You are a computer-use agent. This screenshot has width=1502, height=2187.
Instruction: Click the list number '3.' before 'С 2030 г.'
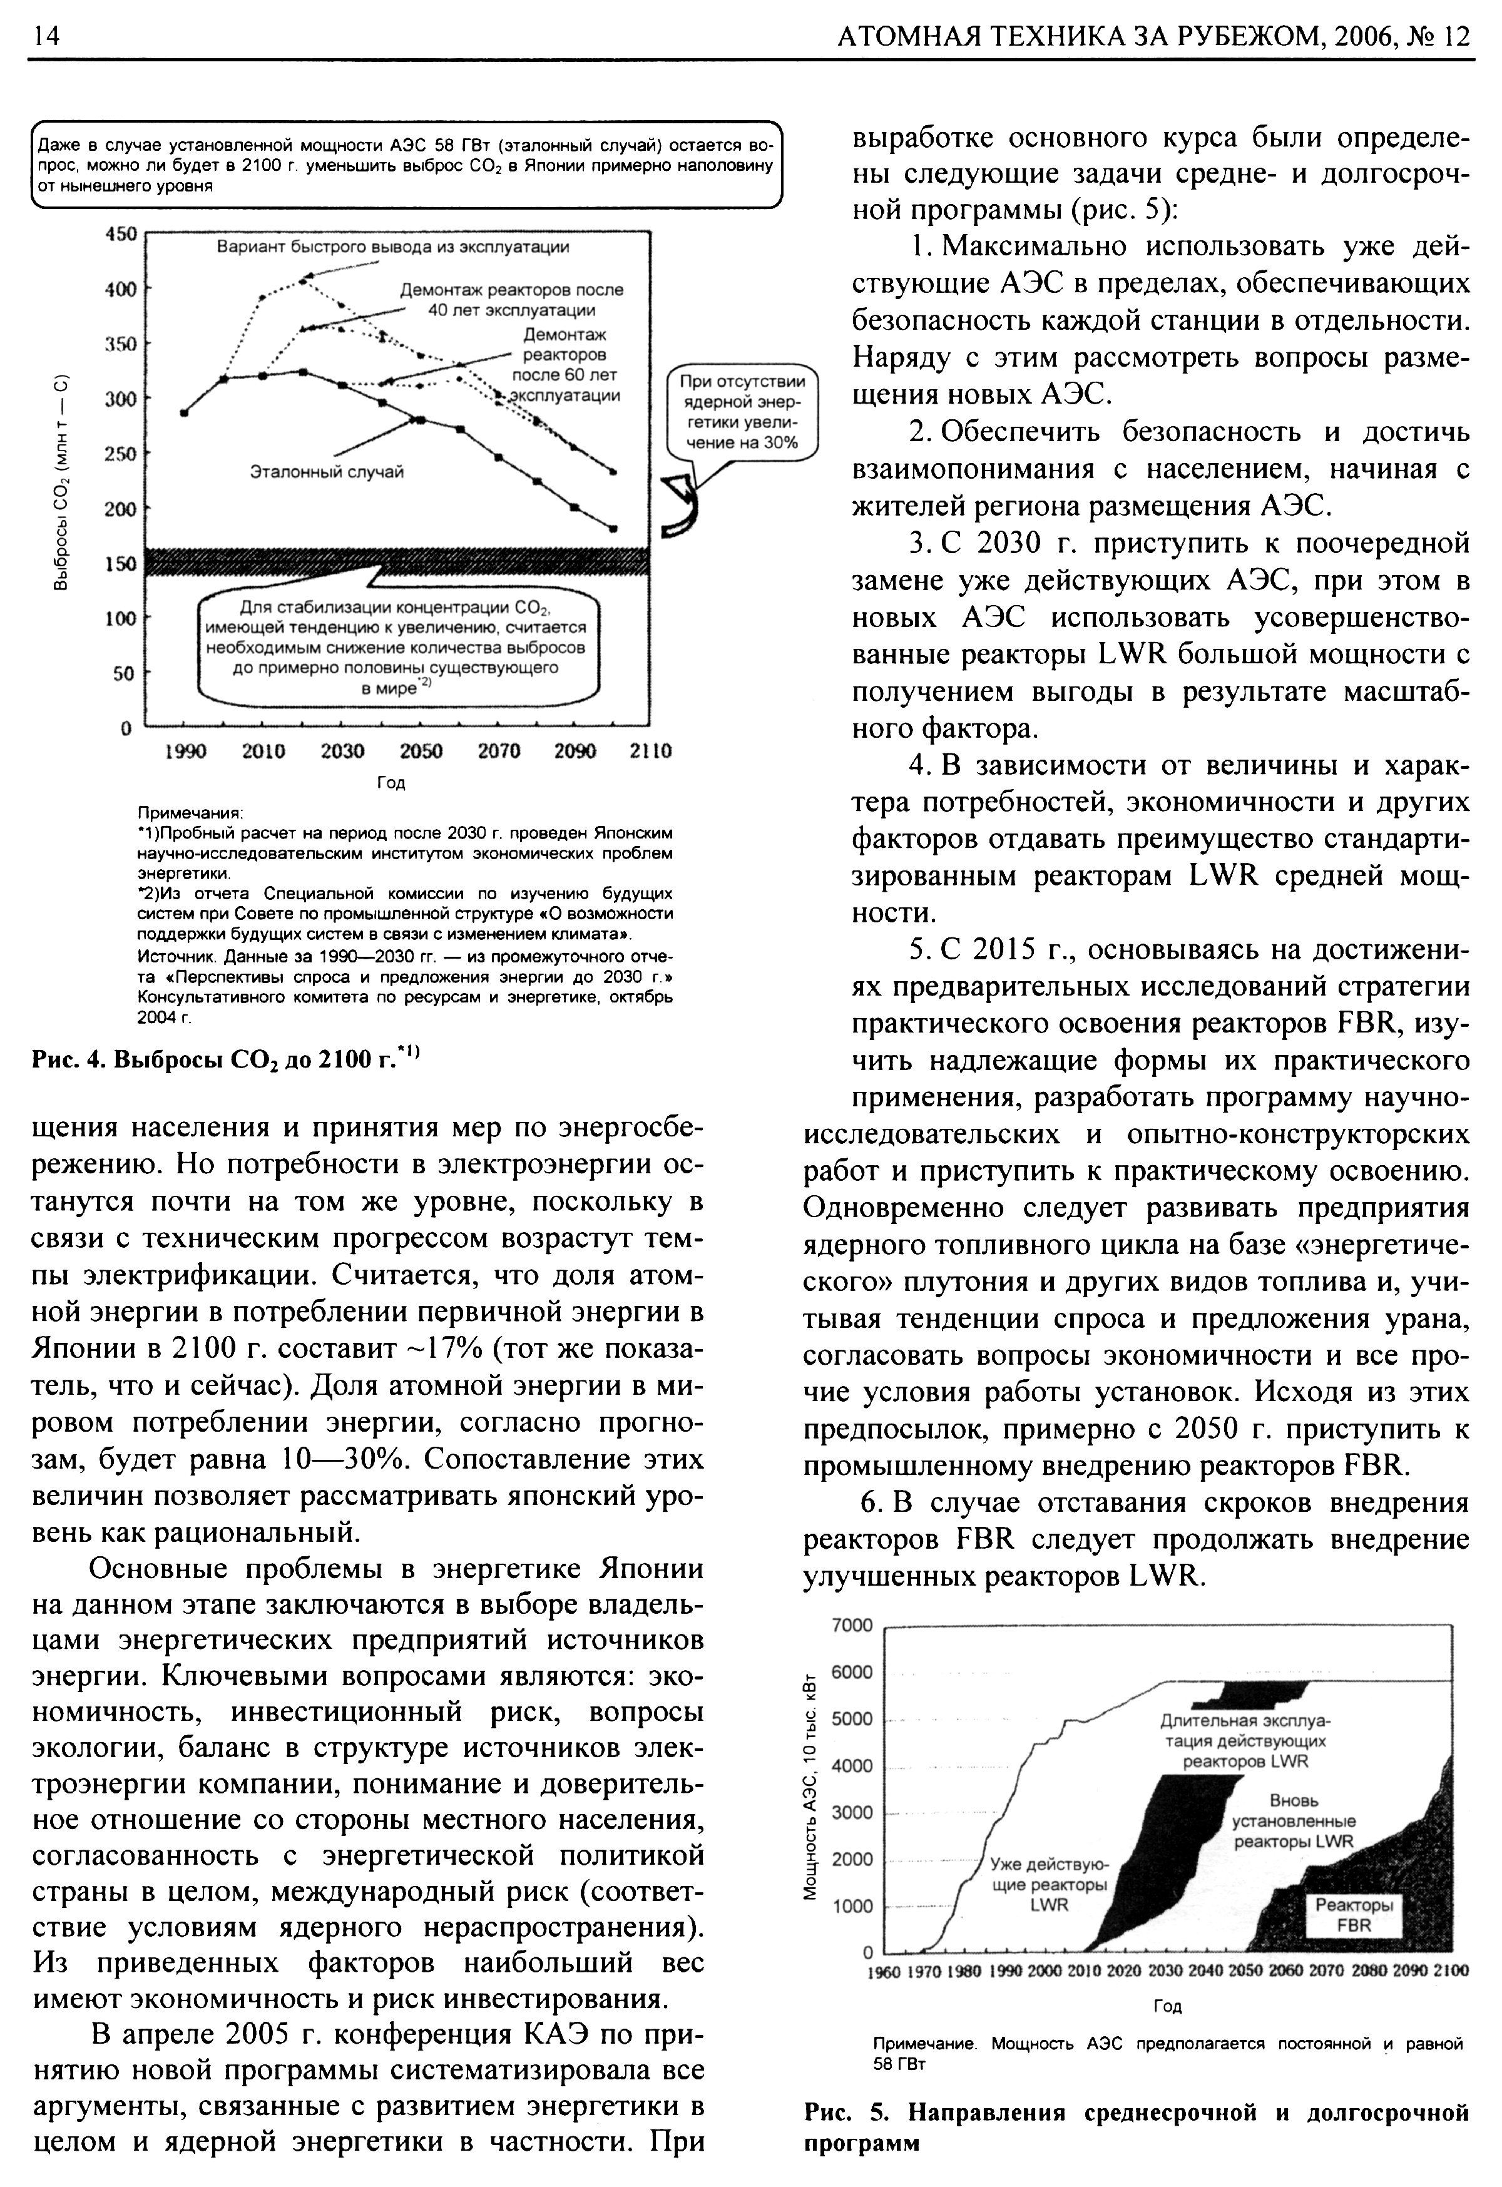(921, 544)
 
